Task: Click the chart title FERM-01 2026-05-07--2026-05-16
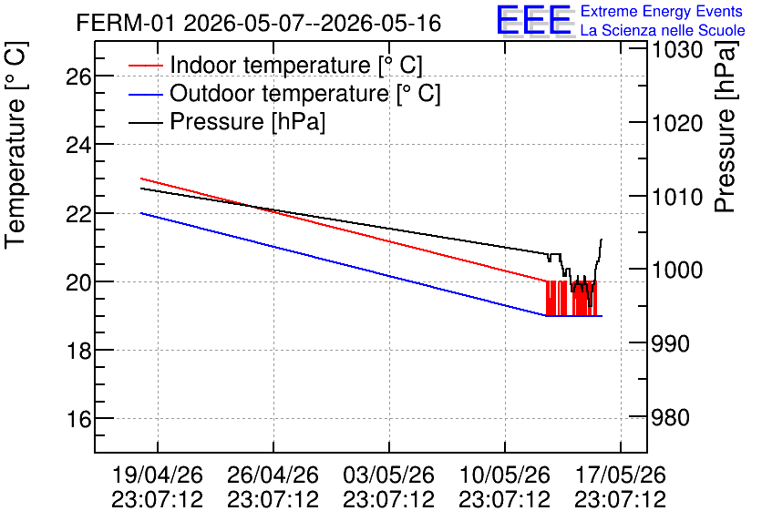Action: pyautogui.click(x=259, y=24)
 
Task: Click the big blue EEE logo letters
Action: pyautogui.click(x=534, y=20)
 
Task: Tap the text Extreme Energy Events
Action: pyautogui.click(x=662, y=11)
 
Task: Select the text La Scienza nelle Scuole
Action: pyautogui.click(x=663, y=30)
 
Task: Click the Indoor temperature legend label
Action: pyautogui.click(x=296, y=65)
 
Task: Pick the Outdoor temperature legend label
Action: pyautogui.click(x=305, y=93)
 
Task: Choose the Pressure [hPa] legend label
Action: pyautogui.click(x=247, y=121)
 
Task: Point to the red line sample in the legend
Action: pyautogui.click(x=145, y=66)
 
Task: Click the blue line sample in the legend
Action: pyautogui.click(x=145, y=94)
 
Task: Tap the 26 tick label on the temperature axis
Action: pyautogui.click(x=78, y=77)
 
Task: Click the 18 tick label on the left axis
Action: pyautogui.click(x=78, y=350)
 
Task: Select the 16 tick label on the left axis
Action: pyautogui.click(x=78, y=419)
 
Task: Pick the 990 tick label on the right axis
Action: pyautogui.click(x=670, y=343)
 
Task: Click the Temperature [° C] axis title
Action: pyautogui.click(x=16, y=146)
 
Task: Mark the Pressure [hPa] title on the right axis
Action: pyautogui.click(x=726, y=128)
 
